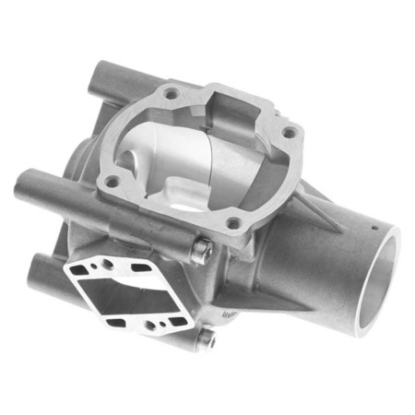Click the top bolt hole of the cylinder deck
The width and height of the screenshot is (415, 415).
[170, 92]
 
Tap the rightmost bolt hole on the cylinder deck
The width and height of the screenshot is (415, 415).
[288, 133]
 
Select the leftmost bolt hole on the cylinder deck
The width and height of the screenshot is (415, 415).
[113, 182]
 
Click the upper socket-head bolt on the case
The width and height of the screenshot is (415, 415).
[202, 249]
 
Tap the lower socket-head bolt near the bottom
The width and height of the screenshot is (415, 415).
[207, 338]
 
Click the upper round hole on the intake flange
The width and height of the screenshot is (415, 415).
[108, 264]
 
